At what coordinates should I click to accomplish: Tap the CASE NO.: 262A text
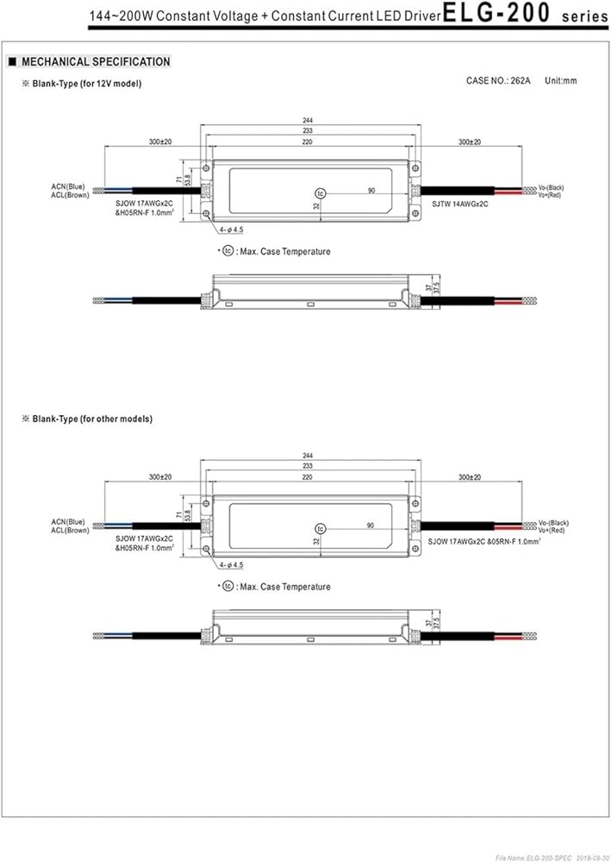click(x=499, y=80)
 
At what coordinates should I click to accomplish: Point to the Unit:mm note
click(x=561, y=80)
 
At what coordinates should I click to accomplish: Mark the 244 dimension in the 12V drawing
click(x=308, y=122)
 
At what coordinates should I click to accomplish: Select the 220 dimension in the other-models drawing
click(x=308, y=477)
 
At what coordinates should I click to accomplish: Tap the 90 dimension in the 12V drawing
click(x=371, y=190)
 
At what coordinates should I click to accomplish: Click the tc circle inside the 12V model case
click(x=321, y=192)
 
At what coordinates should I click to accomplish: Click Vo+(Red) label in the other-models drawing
click(x=551, y=530)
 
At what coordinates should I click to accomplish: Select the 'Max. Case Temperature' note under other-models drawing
click(x=284, y=587)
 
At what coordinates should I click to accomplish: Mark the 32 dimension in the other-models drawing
click(x=317, y=541)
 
